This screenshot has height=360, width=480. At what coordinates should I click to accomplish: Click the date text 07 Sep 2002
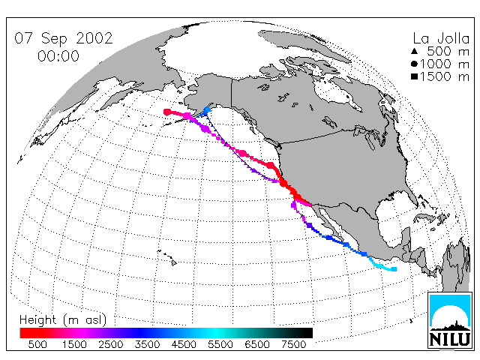coord(64,38)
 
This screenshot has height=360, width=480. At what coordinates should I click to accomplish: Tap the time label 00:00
coord(58,56)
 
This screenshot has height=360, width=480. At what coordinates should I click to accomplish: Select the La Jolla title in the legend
coord(441,38)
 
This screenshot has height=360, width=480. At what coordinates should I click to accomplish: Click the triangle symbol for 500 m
coord(415,51)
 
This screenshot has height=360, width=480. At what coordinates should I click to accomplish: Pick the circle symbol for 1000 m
coord(414,64)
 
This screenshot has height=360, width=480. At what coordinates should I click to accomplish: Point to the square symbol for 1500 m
coord(415,76)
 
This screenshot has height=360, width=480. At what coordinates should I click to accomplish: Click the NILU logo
coord(450,320)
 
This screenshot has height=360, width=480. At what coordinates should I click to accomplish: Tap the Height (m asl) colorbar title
coord(63,319)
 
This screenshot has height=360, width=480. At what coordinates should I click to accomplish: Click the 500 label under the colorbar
coord(37,344)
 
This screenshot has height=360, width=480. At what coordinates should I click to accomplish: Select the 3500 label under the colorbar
coord(147,344)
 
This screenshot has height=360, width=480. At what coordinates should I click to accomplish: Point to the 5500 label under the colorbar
coord(220,344)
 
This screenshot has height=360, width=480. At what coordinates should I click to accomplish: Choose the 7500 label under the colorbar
coord(293,344)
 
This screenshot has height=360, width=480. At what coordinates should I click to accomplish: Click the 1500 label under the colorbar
coord(74,344)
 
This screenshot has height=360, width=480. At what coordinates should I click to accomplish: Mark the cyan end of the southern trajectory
coord(394,269)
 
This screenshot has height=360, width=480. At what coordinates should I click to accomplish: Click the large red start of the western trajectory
coord(167,112)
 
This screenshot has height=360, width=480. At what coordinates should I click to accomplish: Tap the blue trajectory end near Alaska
coord(207,109)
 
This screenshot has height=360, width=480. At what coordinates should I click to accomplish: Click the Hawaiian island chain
coord(167,257)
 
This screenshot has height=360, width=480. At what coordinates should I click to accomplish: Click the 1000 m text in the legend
coord(445,64)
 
